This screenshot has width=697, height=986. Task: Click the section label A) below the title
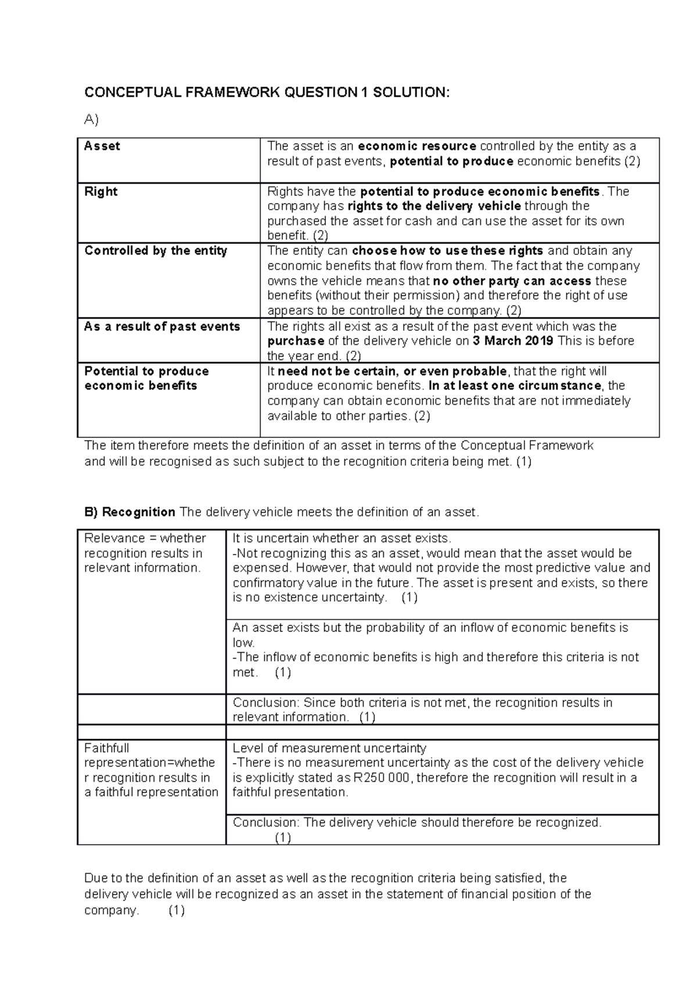(91, 120)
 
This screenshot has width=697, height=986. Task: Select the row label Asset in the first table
(102, 146)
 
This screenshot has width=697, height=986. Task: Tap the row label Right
(101, 192)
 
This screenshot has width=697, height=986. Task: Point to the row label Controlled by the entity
(156, 251)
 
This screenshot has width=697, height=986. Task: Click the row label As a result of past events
(162, 326)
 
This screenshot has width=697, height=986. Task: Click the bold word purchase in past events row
(296, 341)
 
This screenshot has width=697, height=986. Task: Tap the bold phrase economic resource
(417, 146)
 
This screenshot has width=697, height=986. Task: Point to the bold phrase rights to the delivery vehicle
(434, 206)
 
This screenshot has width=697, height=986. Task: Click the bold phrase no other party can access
(512, 281)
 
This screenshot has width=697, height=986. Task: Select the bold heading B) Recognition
(130, 512)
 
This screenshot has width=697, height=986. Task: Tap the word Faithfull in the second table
(106, 748)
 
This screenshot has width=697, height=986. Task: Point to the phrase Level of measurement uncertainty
(329, 748)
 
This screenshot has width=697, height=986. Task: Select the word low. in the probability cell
(244, 643)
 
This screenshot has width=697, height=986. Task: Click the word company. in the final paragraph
(112, 910)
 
